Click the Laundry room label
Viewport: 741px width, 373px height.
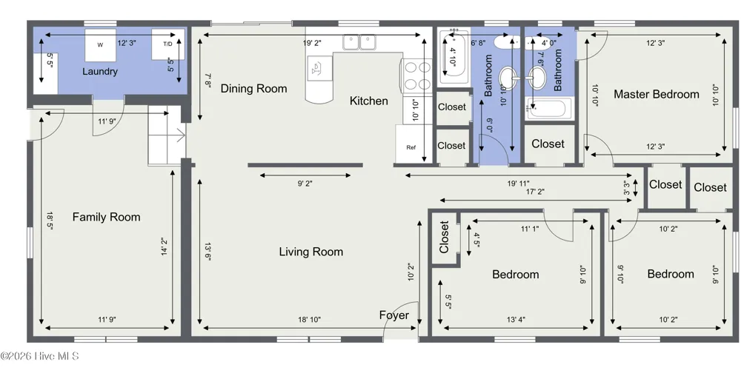100,72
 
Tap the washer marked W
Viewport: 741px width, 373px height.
100,45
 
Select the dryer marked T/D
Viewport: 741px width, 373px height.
167,44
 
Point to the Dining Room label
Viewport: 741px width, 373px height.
253,88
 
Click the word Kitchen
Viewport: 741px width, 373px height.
368,101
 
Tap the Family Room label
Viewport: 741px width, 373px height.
106,217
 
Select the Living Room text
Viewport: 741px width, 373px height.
311,252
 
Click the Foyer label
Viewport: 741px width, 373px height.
394,315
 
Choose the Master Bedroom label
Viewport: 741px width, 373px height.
657,94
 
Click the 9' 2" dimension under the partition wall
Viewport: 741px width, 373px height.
305,184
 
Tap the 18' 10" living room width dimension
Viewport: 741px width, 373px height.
310,320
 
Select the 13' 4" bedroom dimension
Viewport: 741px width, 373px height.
516,320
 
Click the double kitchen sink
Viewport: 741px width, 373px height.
359,42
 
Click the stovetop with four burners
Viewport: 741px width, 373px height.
416,75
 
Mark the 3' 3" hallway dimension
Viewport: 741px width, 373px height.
627,188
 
